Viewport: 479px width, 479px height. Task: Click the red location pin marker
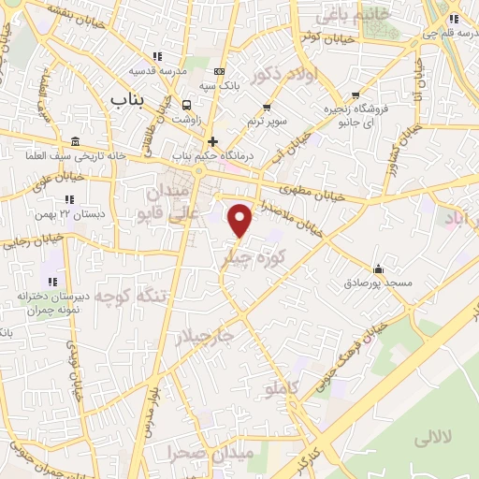240,220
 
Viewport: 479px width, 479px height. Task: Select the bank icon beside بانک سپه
219,71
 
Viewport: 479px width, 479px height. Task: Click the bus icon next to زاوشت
187,105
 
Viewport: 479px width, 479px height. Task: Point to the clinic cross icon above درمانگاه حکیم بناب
213,142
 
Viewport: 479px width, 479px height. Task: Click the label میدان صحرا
208,453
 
